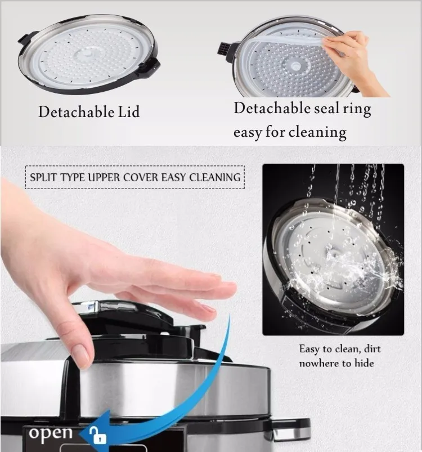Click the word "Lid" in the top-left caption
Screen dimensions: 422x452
point(129,111)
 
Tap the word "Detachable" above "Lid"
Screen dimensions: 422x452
point(77,111)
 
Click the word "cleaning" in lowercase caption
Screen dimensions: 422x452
point(317,132)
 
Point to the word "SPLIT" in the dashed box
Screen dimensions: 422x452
point(43,177)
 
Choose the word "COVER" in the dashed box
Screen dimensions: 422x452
point(141,177)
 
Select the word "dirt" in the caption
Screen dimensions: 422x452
point(372,349)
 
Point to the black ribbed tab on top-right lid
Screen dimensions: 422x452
point(225,49)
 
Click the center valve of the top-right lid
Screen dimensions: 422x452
point(295,66)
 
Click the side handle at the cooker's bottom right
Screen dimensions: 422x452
point(291,430)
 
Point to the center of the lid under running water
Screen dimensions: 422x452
point(334,253)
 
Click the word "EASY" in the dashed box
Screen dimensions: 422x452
point(173,177)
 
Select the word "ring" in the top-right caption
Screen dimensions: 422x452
point(357,109)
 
